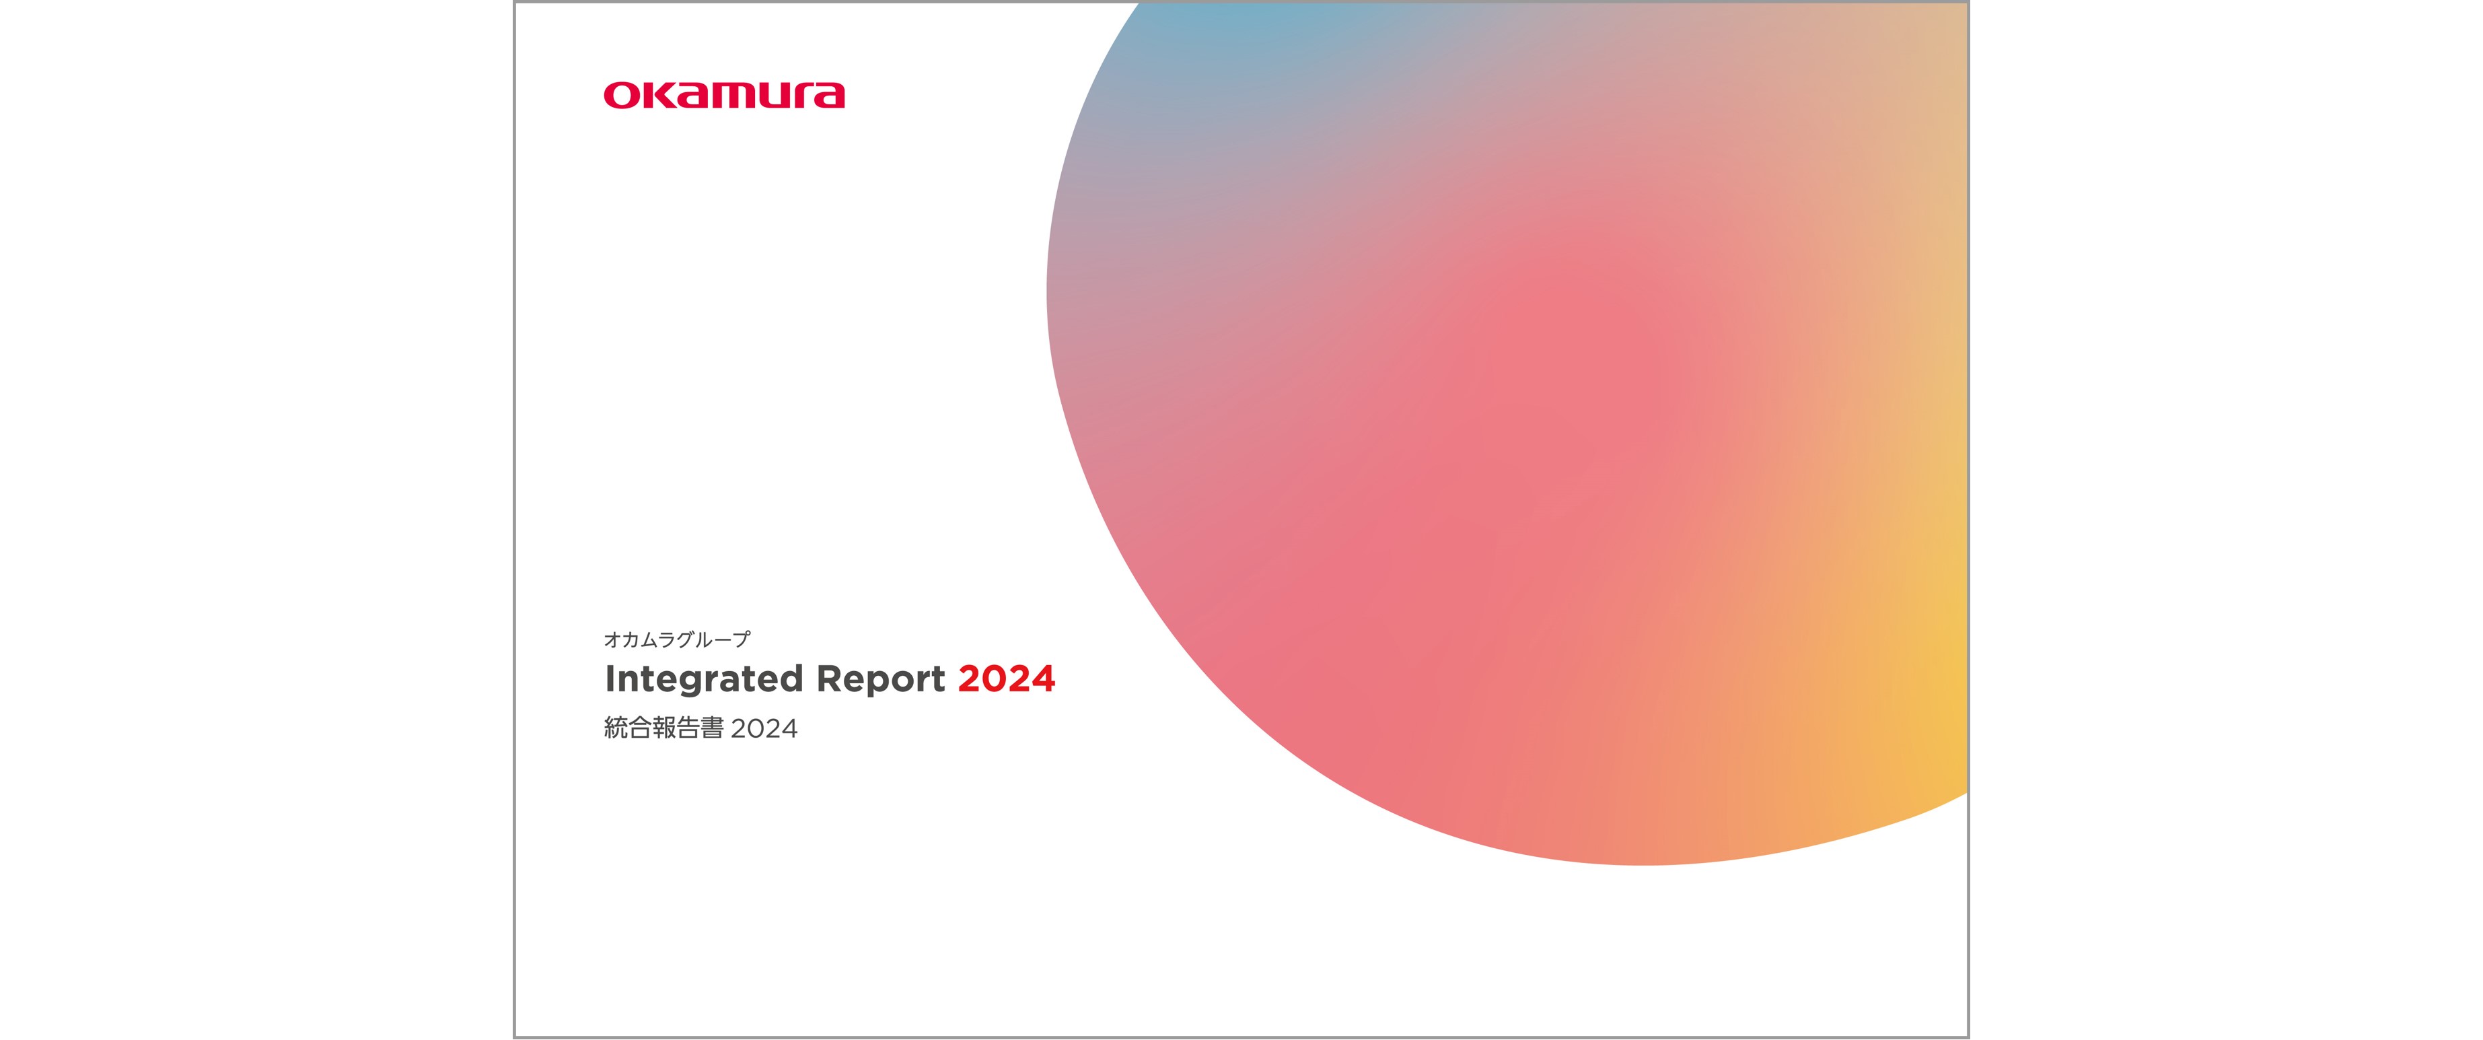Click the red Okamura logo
tap(724, 96)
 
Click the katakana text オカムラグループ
tap(677, 639)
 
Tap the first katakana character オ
tap(613, 639)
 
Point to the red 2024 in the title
tap(1006, 679)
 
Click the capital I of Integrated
tap(609, 679)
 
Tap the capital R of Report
tap(830, 679)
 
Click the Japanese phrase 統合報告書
tap(664, 728)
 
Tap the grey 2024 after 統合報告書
tap(764, 729)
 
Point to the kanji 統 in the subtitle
tap(616, 728)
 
